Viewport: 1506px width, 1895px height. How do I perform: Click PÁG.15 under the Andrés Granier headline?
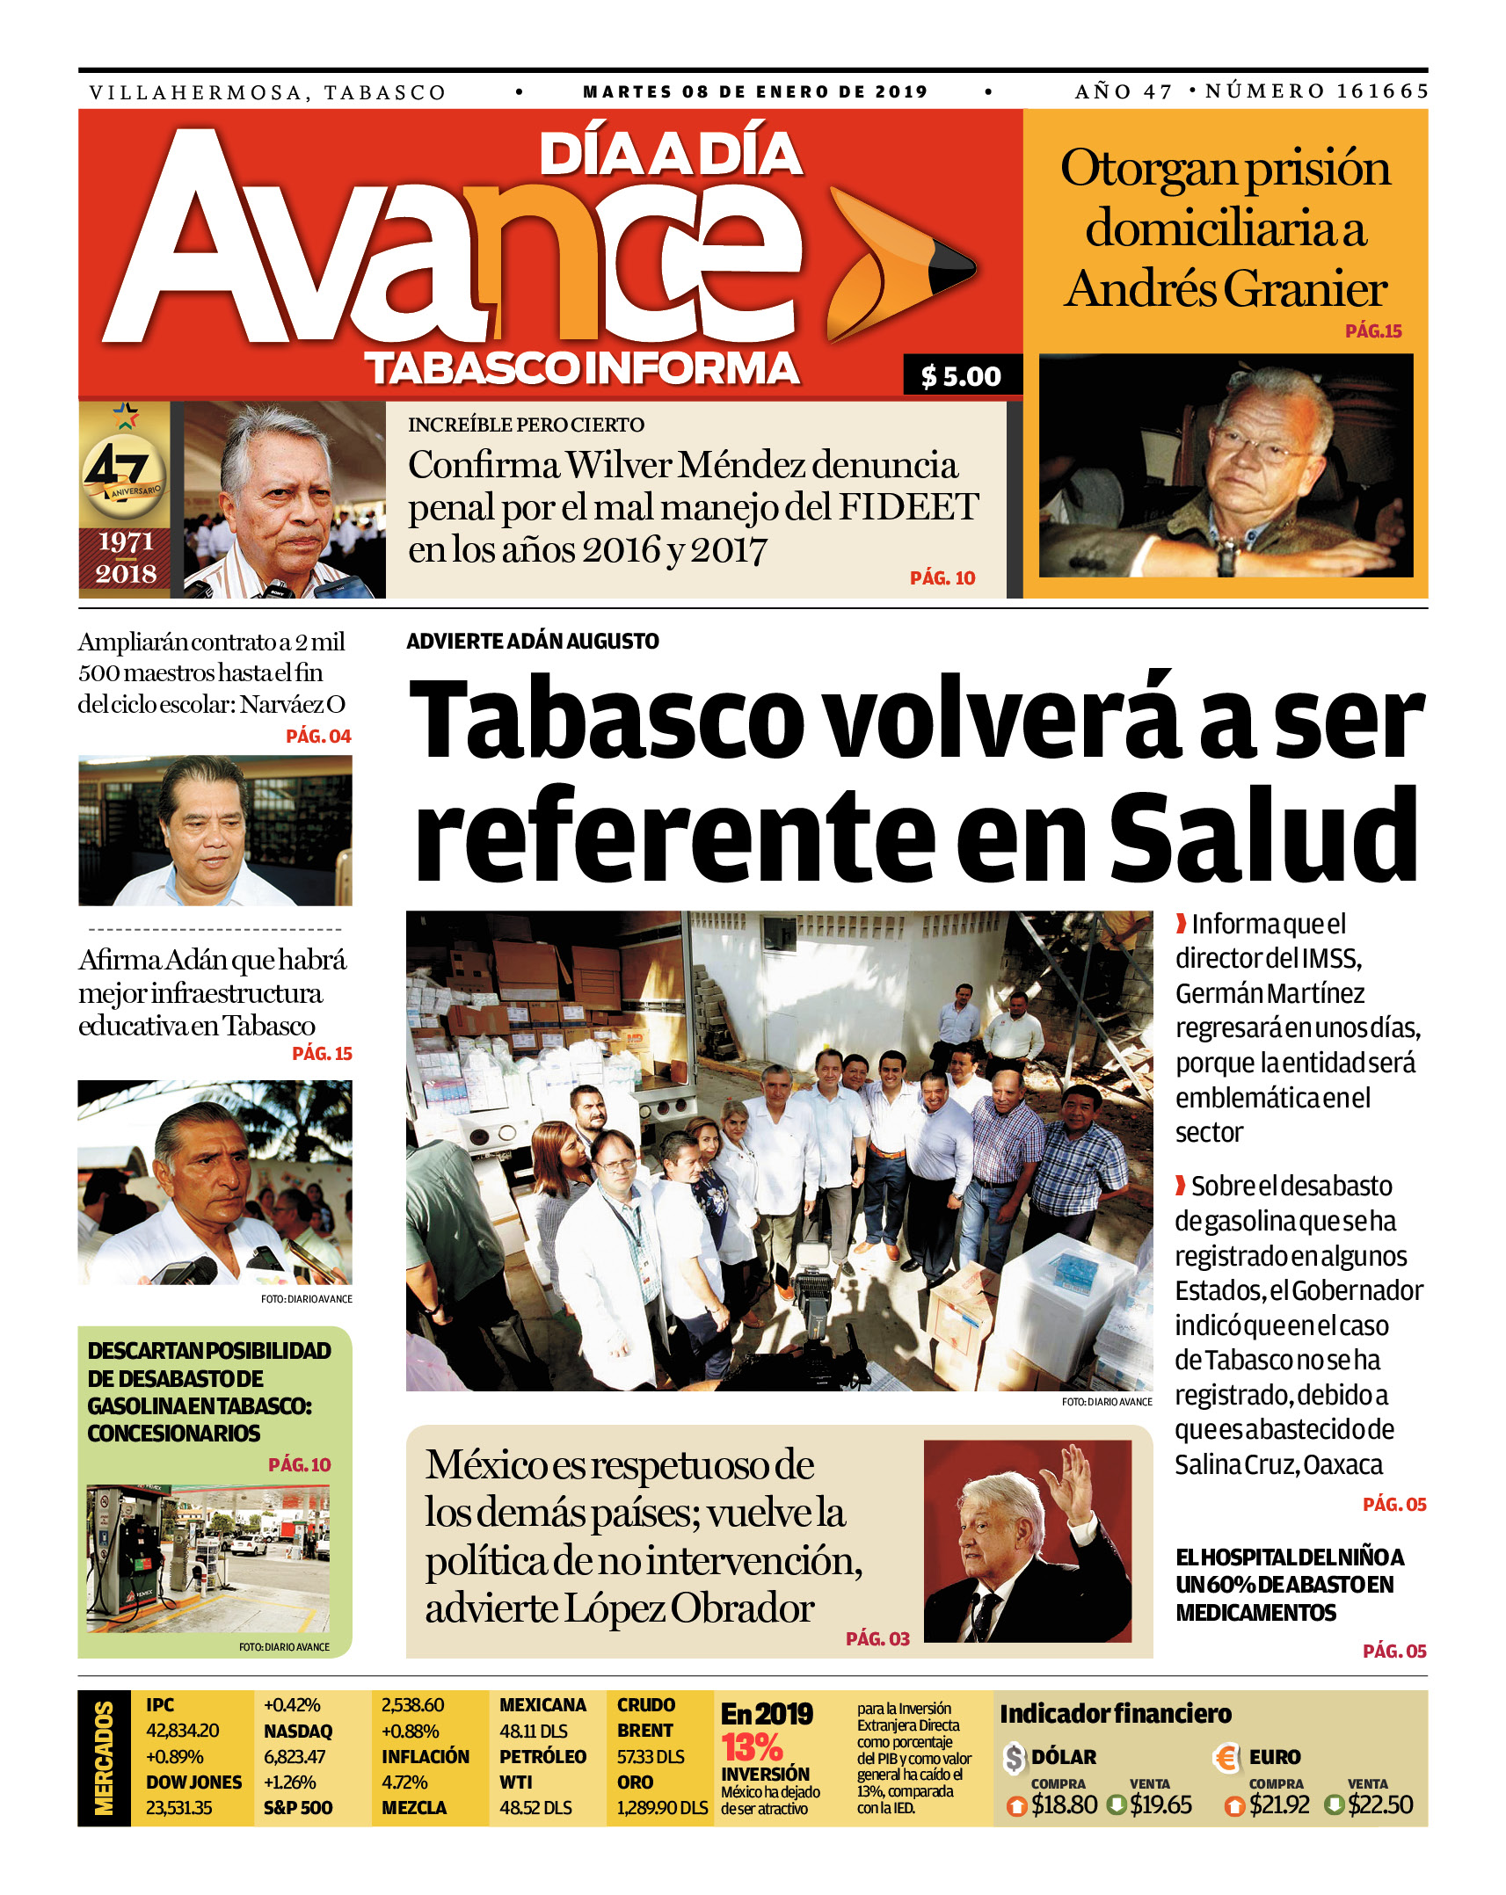coord(1372,331)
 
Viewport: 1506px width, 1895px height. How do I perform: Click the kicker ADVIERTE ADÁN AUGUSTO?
coord(532,642)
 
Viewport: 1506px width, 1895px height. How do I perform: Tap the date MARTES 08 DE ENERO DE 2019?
coord(755,91)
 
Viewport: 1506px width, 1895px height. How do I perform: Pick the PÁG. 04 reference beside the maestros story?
coord(318,737)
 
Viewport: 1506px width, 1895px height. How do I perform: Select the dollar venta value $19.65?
coord(1160,1805)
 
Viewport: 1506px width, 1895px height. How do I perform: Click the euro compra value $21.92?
coord(1279,1805)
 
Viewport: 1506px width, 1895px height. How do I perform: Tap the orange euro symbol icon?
coord(1226,1757)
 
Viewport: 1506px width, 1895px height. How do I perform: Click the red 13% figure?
coord(752,1746)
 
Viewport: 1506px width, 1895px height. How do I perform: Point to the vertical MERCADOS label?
coord(104,1758)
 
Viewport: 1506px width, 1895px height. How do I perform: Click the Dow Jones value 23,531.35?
coord(179,1808)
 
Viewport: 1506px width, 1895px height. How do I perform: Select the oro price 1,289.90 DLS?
coord(662,1808)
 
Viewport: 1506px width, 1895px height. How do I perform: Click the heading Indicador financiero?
coord(1116,1714)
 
